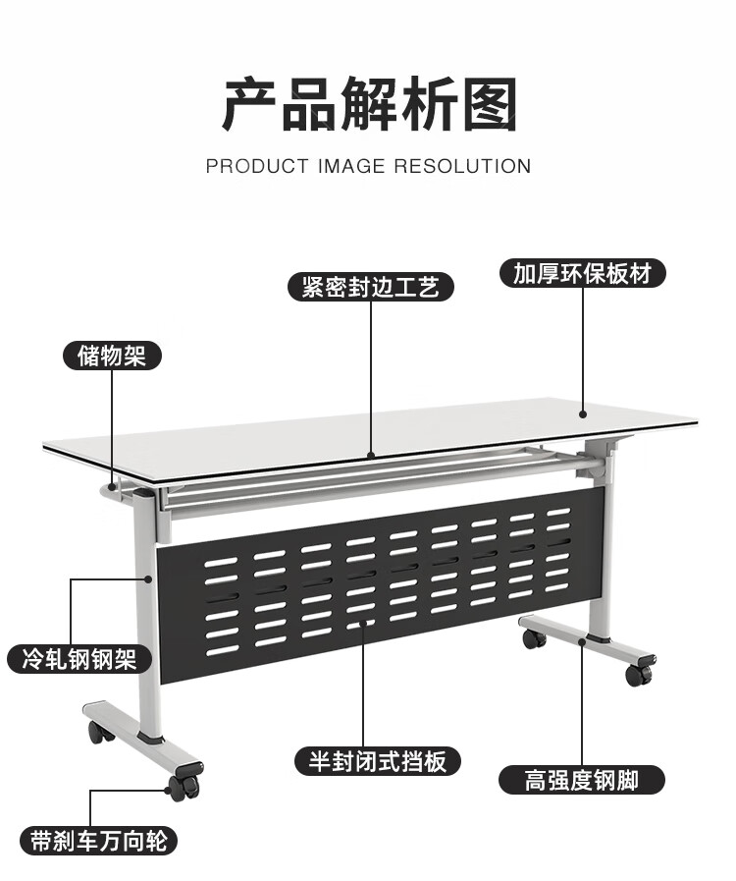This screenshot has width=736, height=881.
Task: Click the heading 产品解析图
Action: [368, 105]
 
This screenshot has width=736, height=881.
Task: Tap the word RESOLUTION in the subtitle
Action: [462, 167]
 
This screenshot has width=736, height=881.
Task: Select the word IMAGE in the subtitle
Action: [350, 167]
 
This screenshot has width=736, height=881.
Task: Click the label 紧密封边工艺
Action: [371, 287]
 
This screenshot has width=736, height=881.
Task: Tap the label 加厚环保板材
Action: [582, 273]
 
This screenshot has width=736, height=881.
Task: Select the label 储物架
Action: [112, 355]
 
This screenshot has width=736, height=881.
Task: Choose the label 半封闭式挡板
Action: [378, 760]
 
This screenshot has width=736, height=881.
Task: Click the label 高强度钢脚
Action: [582, 780]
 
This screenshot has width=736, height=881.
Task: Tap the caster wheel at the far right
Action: [637, 674]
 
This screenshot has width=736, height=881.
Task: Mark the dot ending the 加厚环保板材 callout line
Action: [582, 414]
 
